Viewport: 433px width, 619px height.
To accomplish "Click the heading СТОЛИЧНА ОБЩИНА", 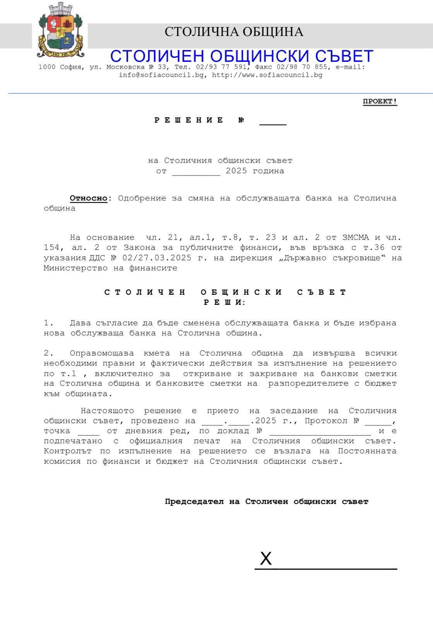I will [x=234, y=32].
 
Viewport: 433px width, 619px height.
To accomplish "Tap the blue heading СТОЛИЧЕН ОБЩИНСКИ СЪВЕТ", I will [x=241, y=56].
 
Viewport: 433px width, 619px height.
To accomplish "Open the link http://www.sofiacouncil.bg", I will [x=267, y=75].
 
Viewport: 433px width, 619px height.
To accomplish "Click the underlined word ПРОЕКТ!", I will [x=380, y=102].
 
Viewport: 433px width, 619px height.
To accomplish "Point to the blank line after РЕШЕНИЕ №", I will [x=273, y=122].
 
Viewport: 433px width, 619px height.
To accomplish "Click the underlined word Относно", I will [x=88, y=198].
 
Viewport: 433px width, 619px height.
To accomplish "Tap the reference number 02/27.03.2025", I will [x=157, y=258].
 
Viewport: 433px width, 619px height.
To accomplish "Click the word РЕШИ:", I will [x=225, y=303].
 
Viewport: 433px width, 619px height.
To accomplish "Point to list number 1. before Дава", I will [x=48, y=323].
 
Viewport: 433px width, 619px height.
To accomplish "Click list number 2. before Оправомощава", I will [x=48, y=353].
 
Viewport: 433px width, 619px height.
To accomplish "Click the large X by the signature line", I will [x=266, y=559].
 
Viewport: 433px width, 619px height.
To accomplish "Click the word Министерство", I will [x=75, y=268].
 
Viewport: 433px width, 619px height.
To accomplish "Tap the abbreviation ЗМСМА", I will [x=356, y=238].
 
